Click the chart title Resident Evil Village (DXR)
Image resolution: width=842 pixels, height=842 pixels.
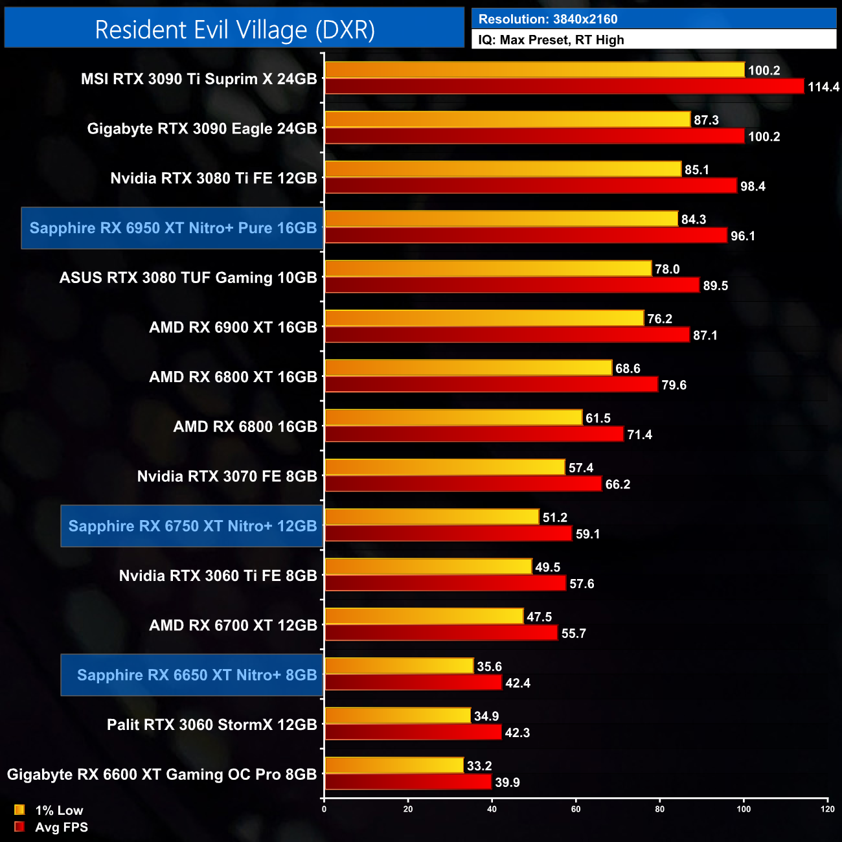coord(234,30)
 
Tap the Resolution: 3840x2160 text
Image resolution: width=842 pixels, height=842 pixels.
coord(548,19)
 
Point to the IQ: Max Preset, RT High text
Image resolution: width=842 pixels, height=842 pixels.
coord(551,40)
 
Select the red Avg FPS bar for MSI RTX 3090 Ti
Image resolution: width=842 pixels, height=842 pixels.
coord(563,86)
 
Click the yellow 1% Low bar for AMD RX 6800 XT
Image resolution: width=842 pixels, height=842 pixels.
coord(468,368)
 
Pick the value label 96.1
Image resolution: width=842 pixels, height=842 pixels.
coord(743,236)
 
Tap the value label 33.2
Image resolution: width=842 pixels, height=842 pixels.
coord(479,766)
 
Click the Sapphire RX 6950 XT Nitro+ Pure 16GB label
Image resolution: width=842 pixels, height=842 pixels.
coord(173,228)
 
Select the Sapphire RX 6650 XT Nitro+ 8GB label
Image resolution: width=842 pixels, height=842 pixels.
coord(197,675)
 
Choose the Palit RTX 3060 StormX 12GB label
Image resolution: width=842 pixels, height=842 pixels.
coord(212,725)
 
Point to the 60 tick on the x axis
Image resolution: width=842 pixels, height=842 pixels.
coord(576,809)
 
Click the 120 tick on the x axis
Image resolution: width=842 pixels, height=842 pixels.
coord(827,809)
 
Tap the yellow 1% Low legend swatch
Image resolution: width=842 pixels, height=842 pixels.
coord(19,810)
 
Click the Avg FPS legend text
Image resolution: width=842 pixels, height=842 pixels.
coord(62,827)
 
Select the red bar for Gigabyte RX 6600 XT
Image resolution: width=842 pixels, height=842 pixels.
coord(408,782)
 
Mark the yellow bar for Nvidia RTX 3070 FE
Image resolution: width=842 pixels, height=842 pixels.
coord(445,467)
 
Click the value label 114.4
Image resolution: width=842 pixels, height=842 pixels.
coord(823,87)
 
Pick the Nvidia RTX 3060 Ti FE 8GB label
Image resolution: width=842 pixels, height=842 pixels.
coord(218,576)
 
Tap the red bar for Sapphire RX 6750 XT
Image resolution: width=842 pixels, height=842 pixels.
coord(448,534)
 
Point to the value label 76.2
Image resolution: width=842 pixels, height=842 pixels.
coord(659,319)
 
